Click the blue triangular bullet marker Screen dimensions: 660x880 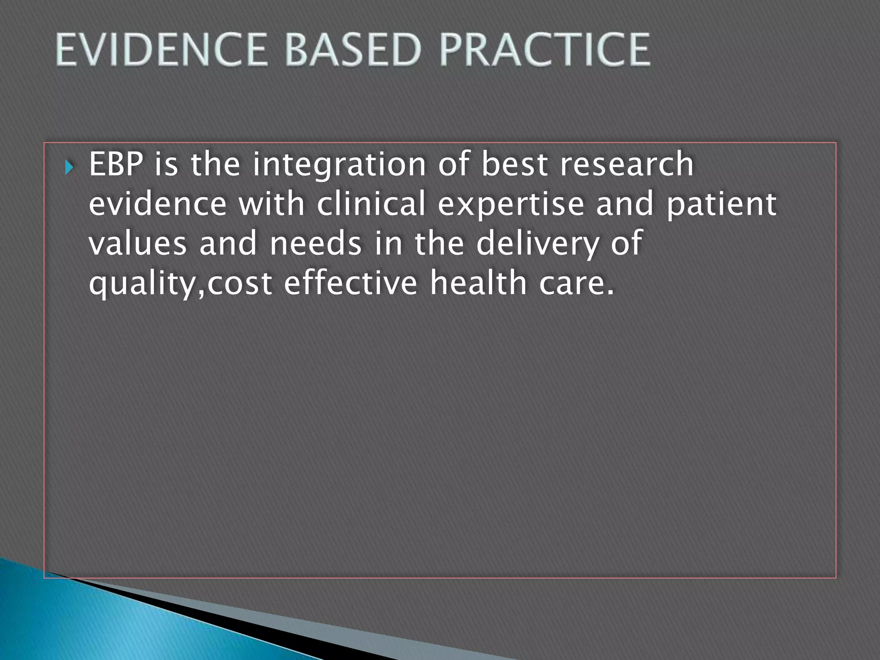tap(70, 167)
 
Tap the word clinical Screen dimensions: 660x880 tap(371, 204)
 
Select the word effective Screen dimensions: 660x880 tap(350, 284)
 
